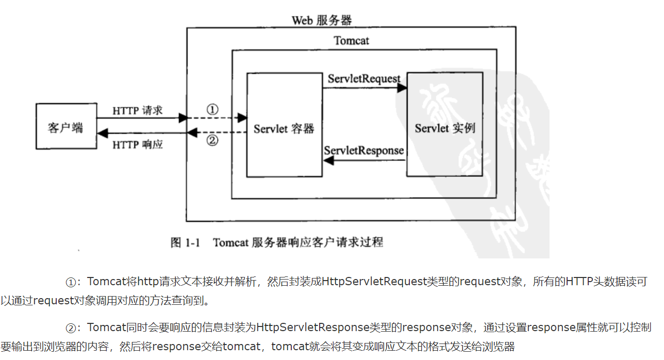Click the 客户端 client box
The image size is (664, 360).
click(x=65, y=127)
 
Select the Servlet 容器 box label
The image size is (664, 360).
click(x=284, y=129)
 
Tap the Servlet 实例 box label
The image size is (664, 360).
click(x=445, y=128)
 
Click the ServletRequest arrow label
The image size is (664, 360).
click(x=364, y=79)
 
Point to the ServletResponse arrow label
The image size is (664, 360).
click(x=364, y=151)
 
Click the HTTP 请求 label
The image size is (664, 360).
click(x=138, y=110)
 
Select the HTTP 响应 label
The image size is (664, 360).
click(x=138, y=144)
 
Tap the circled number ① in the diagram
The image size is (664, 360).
click(x=212, y=109)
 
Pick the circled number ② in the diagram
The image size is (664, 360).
click(x=212, y=141)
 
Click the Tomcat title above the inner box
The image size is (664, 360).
click(x=351, y=40)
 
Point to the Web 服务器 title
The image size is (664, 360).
click(x=322, y=20)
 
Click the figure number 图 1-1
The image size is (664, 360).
click(x=185, y=242)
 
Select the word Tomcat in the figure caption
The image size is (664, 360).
click(x=231, y=242)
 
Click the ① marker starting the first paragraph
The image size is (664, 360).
click(x=71, y=282)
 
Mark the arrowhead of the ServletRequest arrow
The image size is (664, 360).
click(x=402, y=88)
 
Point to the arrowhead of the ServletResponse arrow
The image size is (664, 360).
click(x=328, y=160)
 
